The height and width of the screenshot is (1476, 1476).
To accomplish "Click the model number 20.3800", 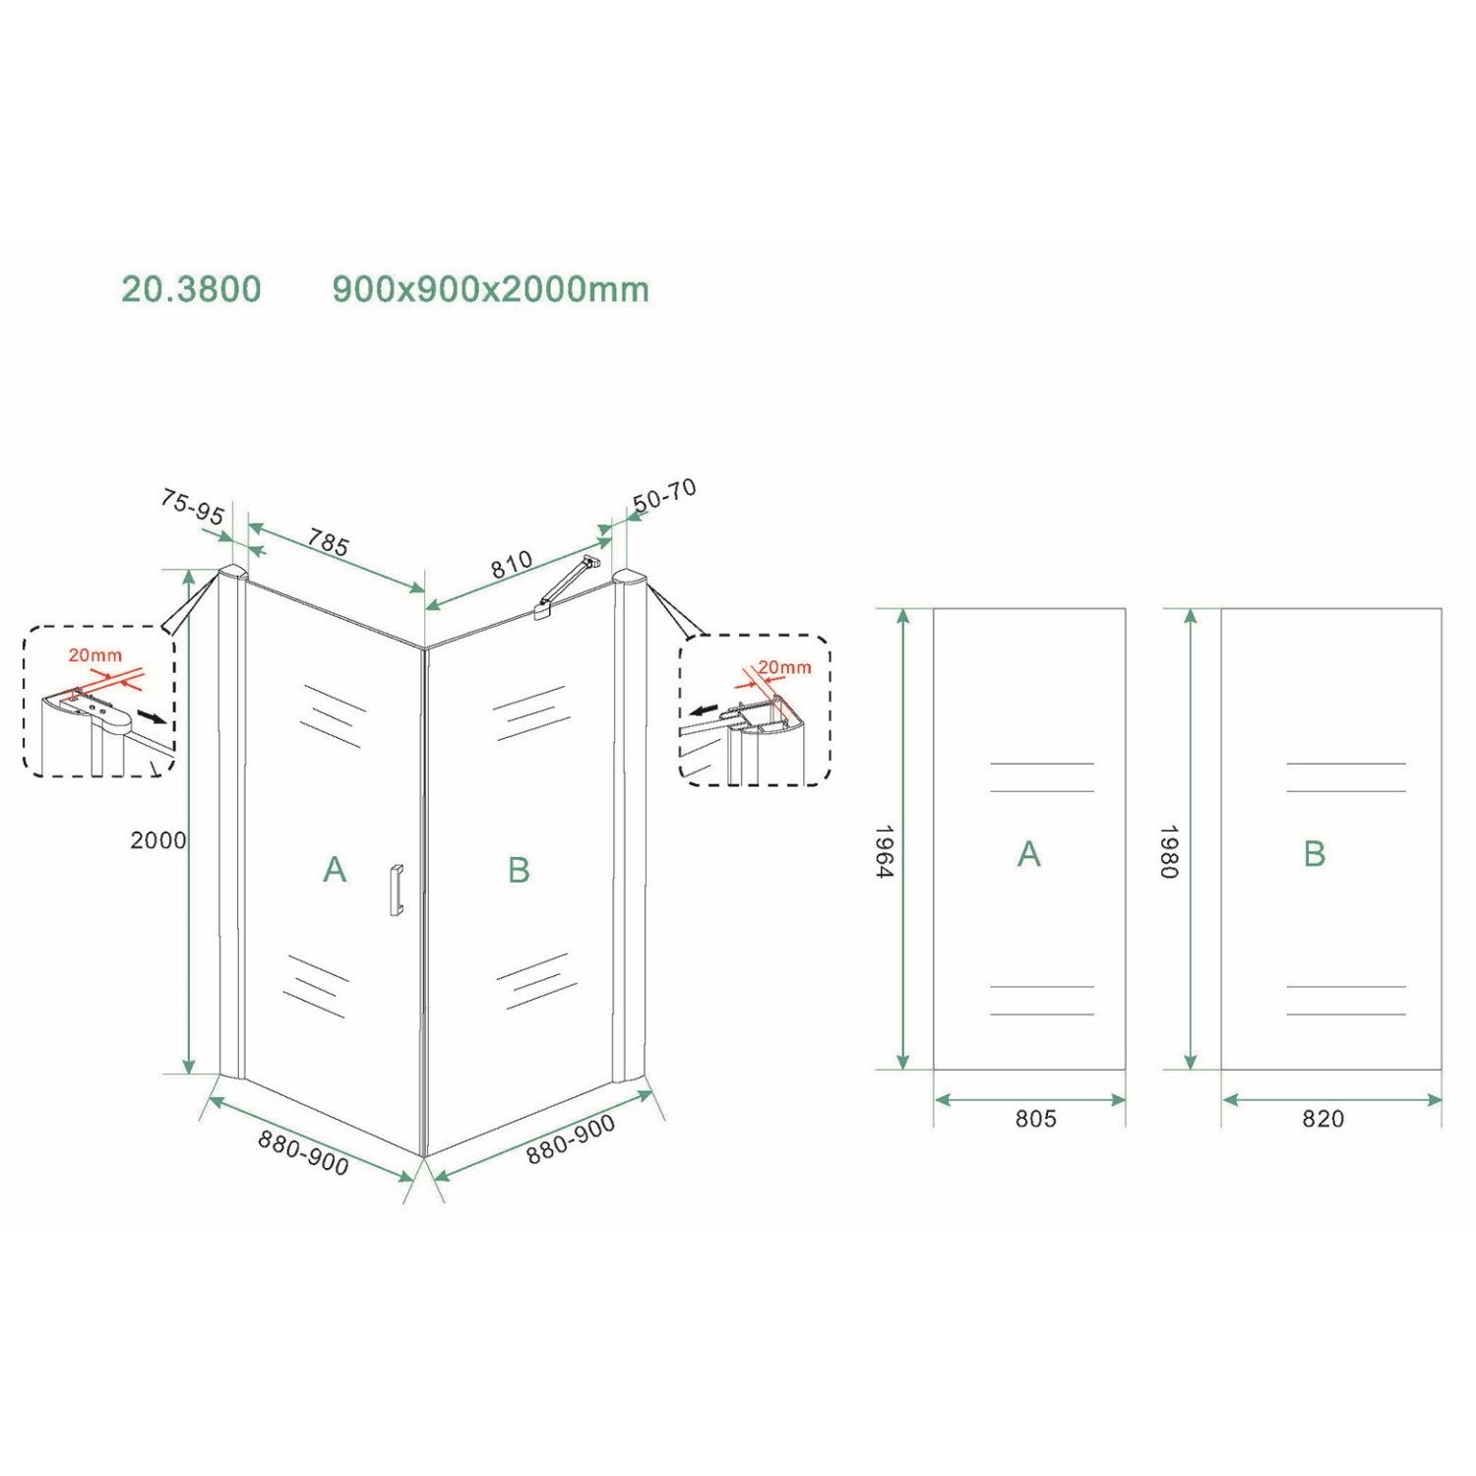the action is pyautogui.click(x=191, y=289).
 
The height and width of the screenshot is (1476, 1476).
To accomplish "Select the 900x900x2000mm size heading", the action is pyautogui.click(x=490, y=289).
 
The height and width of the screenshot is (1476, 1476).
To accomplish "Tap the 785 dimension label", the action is pyautogui.click(x=329, y=542).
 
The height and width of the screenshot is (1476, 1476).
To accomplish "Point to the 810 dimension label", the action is pyautogui.click(x=512, y=564).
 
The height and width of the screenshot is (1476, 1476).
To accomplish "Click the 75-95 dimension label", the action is pyautogui.click(x=192, y=508).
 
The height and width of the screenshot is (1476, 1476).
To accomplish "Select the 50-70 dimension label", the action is pyautogui.click(x=665, y=495).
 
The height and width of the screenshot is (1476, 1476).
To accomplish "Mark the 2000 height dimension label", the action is pyautogui.click(x=157, y=839).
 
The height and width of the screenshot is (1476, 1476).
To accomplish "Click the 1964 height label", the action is pyautogui.click(x=883, y=852).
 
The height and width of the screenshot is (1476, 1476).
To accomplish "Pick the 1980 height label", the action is pyautogui.click(x=1168, y=852).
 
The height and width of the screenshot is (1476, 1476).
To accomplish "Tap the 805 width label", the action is pyautogui.click(x=1035, y=1118).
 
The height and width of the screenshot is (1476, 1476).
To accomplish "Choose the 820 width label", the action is pyautogui.click(x=1322, y=1118).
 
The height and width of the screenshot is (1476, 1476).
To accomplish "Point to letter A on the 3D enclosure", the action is pyautogui.click(x=335, y=870).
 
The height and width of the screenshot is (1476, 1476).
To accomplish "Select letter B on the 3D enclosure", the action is pyautogui.click(x=519, y=870).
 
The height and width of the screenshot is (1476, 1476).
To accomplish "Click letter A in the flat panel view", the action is pyautogui.click(x=1028, y=854).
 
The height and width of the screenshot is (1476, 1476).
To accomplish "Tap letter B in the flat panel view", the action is pyautogui.click(x=1315, y=854).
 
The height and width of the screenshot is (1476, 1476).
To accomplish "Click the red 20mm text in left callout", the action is pyautogui.click(x=95, y=655).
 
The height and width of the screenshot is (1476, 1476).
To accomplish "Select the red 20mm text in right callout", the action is pyautogui.click(x=784, y=667).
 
